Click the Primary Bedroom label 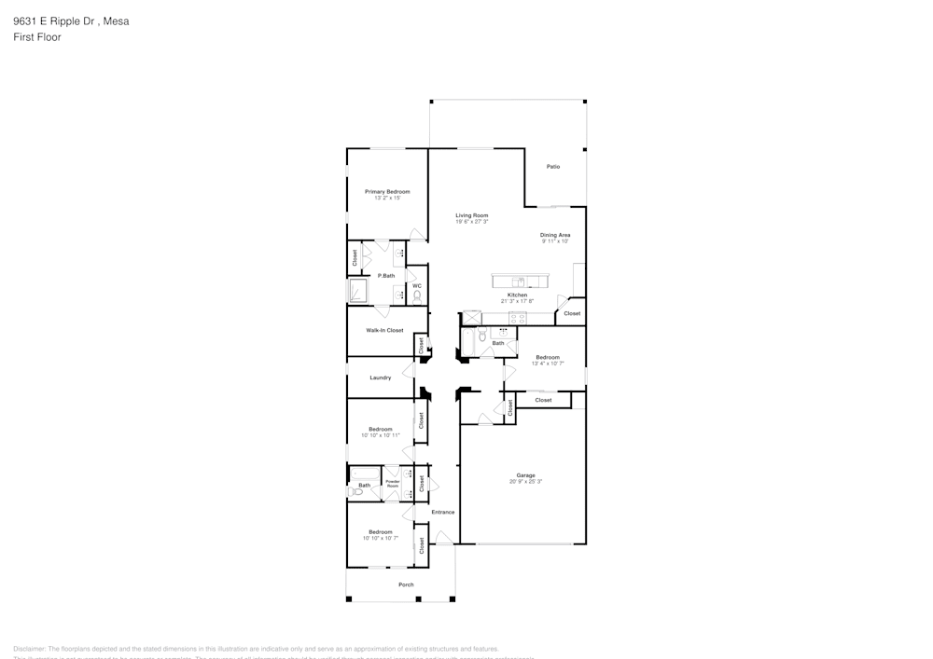pyautogui.click(x=386, y=191)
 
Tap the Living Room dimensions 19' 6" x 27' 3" pyautogui.click(x=471, y=222)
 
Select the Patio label pyautogui.click(x=553, y=167)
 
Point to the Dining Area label pyautogui.click(x=555, y=235)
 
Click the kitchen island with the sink pyautogui.click(x=522, y=281)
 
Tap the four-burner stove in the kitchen pyautogui.click(x=472, y=317)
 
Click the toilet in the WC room pyautogui.click(x=417, y=295)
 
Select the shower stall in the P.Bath pyautogui.click(x=358, y=292)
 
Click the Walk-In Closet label pyautogui.click(x=384, y=330)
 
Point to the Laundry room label pyautogui.click(x=380, y=378)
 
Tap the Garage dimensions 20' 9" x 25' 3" pyautogui.click(x=525, y=482)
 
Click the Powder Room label pyautogui.click(x=393, y=484)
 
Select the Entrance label pyautogui.click(x=442, y=512)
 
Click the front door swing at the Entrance pyautogui.click(x=444, y=538)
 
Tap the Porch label pyautogui.click(x=406, y=584)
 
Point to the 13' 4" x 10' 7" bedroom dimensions pyautogui.click(x=547, y=364)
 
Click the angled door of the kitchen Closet pyautogui.click(x=564, y=303)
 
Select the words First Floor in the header pyautogui.click(x=37, y=37)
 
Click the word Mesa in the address pyautogui.click(x=117, y=21)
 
